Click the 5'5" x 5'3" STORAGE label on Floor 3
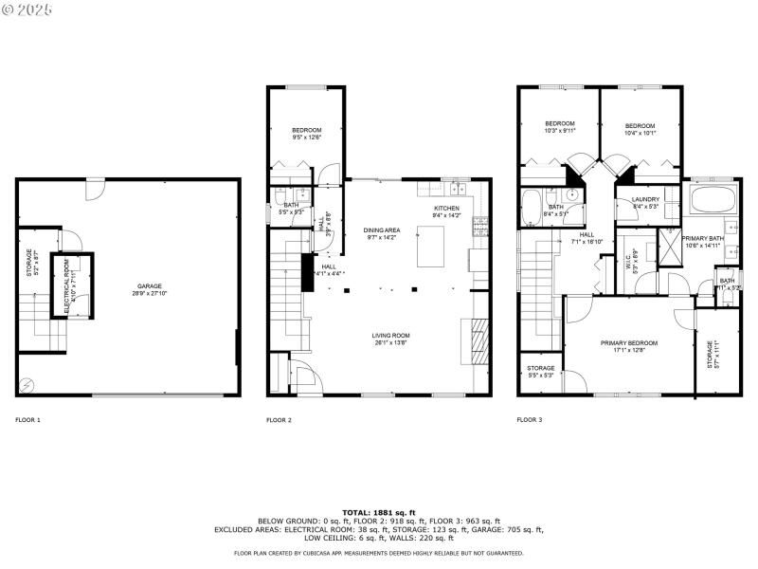tap(541, 371)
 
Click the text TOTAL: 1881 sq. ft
tap(378, 512)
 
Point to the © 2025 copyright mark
tap(28, 9)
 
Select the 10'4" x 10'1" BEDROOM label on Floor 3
tap(640, 129)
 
